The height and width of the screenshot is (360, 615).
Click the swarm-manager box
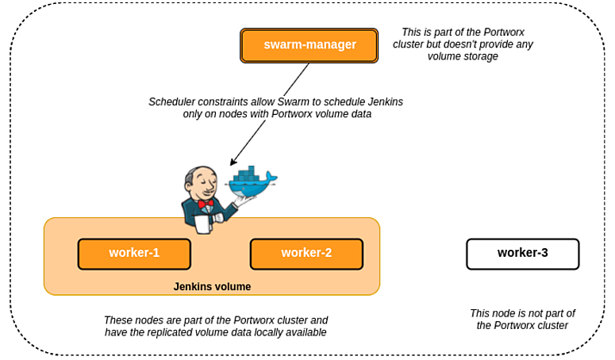309,45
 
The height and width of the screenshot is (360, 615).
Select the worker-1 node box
134,254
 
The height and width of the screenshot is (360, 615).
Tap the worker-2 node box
306,254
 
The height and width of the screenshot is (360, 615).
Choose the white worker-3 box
522,254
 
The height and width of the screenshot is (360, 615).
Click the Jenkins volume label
212,286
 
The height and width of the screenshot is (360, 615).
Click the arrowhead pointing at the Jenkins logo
233,163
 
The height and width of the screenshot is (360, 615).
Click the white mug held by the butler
202,225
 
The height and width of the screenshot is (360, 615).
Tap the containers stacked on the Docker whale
249,174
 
